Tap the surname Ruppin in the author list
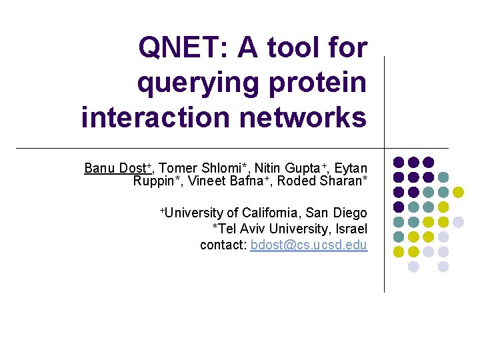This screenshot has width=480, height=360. [x=155, y=181]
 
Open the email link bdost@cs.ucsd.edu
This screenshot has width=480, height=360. [x=309, y=245]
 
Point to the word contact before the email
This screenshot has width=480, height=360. [x=223, y=245]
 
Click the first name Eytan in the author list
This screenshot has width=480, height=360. [x=351, y=168]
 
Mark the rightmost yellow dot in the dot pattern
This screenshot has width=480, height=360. [x=458, y=192]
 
